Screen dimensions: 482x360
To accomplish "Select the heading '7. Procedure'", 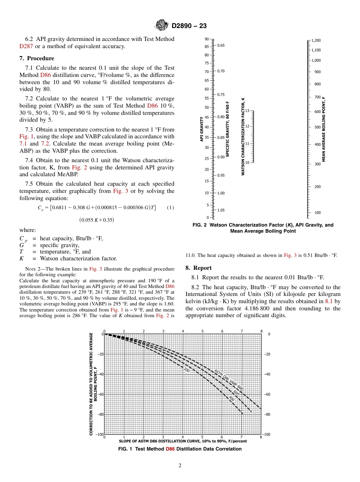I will tap(37, 58).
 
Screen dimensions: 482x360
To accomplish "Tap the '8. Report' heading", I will tap(199, 268).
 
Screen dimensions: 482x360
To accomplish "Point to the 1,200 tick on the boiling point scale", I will tap(316, 40).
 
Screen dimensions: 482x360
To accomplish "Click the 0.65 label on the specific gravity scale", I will tap(221, 45).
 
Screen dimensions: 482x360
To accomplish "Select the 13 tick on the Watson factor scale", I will tap(247, 111).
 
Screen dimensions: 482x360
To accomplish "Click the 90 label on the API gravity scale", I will tap(207, 39).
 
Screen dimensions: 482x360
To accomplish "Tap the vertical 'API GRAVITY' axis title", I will tap(202, 129).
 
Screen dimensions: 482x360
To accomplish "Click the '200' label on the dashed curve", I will tap(186, 370).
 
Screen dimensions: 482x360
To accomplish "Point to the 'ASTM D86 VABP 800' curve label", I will tap(229, 380).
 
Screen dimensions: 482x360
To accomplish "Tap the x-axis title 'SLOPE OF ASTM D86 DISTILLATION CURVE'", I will tap(183, 441).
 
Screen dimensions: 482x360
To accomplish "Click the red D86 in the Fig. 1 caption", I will tap(170, 449).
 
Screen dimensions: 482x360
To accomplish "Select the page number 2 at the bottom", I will tap(180, 466).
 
